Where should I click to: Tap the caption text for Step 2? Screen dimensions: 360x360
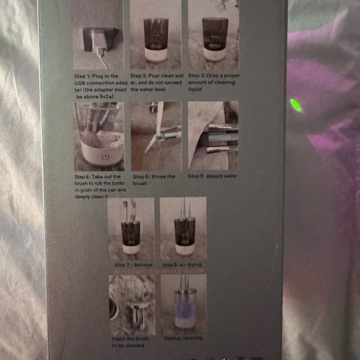[x=155, y=83]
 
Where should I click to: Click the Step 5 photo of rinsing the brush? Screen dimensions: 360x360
[x=156, y=136]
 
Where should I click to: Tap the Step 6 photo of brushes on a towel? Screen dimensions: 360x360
[x=213, y=136]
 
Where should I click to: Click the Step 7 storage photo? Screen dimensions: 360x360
[x=131, y=228]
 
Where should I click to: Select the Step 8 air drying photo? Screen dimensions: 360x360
[x=183, y=228]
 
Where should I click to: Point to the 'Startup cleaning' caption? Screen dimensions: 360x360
[x=183, y=338]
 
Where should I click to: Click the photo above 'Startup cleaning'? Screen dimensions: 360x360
[x=183, y=304]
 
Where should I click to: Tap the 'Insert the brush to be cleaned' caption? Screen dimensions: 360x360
[x=130, y=341]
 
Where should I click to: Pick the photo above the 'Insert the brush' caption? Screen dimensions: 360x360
[x=131, y=304]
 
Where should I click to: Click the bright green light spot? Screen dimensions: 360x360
[x=297, y=106]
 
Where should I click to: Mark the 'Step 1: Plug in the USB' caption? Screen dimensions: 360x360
[x=98, y=86]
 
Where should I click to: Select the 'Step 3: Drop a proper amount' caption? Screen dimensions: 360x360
[x=213, y=83]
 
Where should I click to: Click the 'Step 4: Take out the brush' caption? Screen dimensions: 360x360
[x=99, y=187]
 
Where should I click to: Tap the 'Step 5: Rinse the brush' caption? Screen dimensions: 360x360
[x=154, y=180]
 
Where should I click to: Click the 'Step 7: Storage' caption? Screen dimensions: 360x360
[x=133, y=265]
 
